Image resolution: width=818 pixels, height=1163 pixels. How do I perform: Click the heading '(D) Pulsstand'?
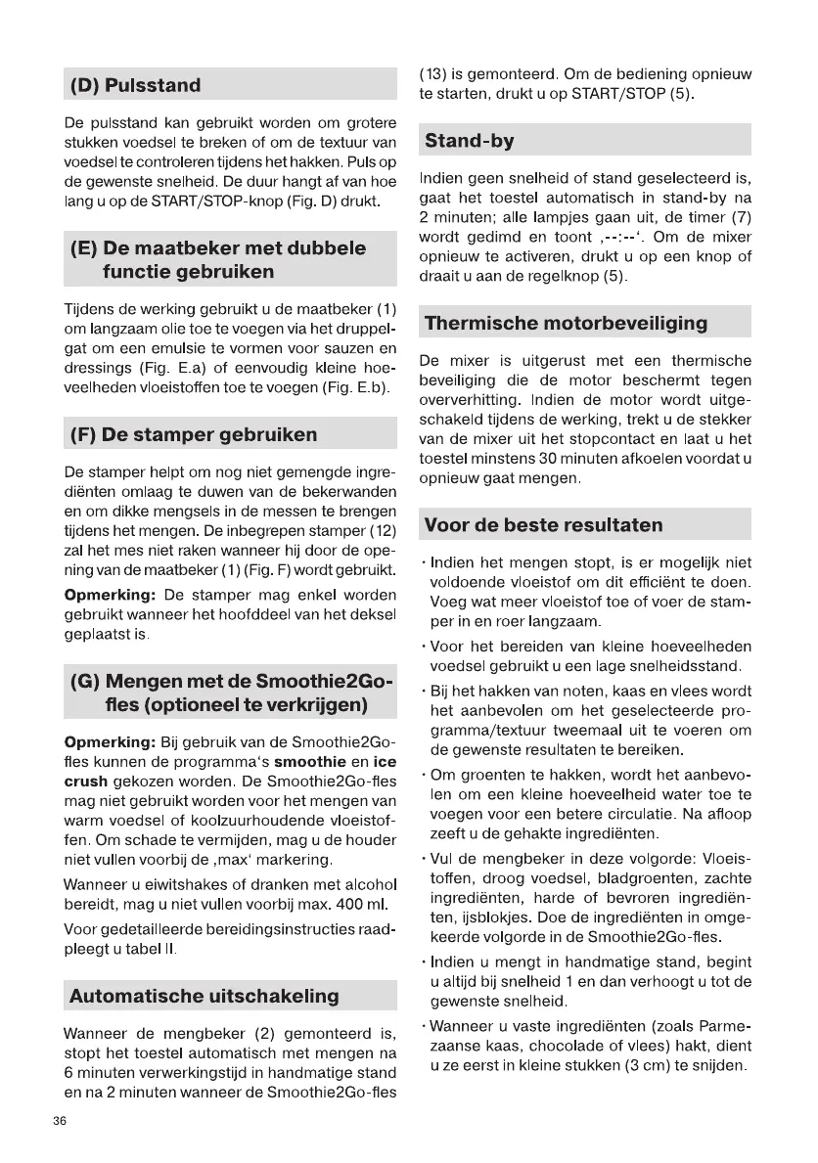pyautogui.click(x=134, y=85)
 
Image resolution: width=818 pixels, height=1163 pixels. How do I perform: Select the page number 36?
pyautogui.click(x=61, y=1122)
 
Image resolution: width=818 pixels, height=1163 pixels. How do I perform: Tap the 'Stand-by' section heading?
pyautogui.click(x=470, y=141)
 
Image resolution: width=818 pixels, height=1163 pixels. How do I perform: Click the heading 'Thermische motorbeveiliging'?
pyautogui.click(x=567, y=323)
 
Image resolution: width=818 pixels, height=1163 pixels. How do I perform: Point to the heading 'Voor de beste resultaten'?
pyautogui.click(x=543, y=524)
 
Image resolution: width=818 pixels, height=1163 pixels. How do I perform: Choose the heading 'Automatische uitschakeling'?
pyautogui.click(x=204, y=996)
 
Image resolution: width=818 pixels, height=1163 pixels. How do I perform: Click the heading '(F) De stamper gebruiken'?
pyautogui.click(x=193, y=434)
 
